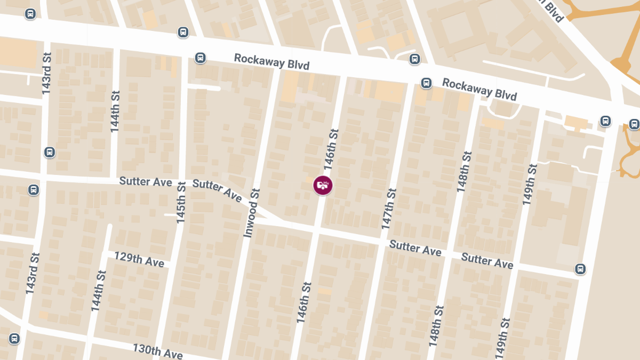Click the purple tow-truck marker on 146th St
pyautogui.click(x=323, y=185)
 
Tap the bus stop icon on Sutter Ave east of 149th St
pyautogui.click(x=580, y=269)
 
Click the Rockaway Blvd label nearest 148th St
pyautogui.click(x=479, y=90)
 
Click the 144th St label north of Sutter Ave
pyautogui.click(x=115, y=111)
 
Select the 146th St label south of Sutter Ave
pyautogui.click(x=302, y=306)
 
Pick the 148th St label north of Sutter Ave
pyautogui.click(x=464, y=172)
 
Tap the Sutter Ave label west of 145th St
pyautogui.click(x=146, y=181)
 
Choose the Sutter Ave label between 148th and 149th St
pyautogui.click(x=487, y=261)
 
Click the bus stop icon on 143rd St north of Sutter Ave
pyautogui.click(x=49, y=153)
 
